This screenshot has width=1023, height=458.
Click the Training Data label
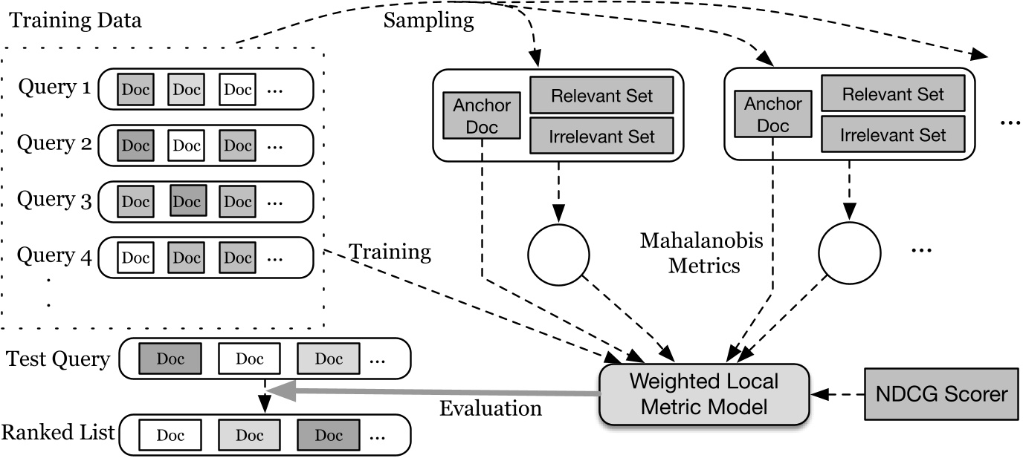tap(75, 21)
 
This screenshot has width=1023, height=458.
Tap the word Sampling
tap(428, 21)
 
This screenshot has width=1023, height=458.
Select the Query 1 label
tap(54, 87)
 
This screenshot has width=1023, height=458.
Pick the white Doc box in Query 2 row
tap(187, 145)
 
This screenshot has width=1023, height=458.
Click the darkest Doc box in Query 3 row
tap(188, 200)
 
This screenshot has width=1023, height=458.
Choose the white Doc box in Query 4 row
tap(135, 258)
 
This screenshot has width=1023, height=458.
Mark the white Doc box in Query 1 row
tap(237, 89)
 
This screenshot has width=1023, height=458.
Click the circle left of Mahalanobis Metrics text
tap(558, 255)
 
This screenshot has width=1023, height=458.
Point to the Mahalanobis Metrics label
tap(702, 253)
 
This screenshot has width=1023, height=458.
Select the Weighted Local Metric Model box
tap(704, 394)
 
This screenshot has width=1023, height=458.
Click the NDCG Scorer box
tap(941, 394)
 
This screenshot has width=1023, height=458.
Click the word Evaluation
tap(491, 409)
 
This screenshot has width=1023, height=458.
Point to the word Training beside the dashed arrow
tap(390, 252)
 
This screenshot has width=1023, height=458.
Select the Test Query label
tap(58, 359)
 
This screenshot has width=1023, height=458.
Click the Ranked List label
tap(58, 433)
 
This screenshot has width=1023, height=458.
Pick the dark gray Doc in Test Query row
tap(170, 359)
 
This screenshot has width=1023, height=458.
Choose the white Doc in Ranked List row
tap(170, 436)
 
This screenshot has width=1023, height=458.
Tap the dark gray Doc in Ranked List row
tap(329, 436)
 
